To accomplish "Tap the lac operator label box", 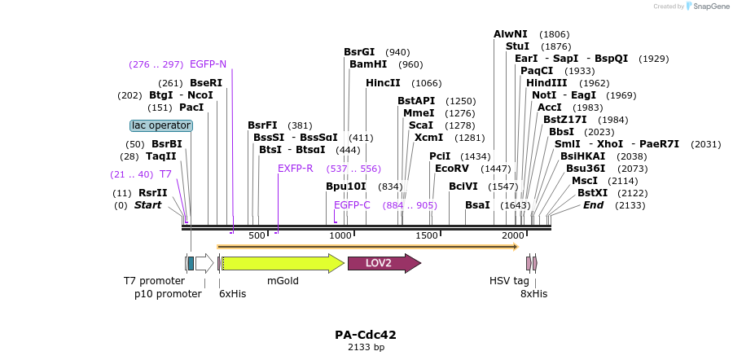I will click(161, 125).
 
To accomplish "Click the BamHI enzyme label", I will click(368, 64).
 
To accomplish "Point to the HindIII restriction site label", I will click(546, 83).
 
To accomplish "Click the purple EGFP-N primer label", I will click(208, 64).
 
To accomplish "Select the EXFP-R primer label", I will click(295, 169).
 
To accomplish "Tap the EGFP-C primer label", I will click(352, 205).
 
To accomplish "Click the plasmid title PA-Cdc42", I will click(366, 335).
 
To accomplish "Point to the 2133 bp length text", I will click(366, 348).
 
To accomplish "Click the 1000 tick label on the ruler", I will click(341, 235).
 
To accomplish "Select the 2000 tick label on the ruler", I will click(512, 235).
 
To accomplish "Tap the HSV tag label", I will click(509, 281).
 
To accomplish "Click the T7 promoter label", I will click(155, 281).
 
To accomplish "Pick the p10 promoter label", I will click(168, 294).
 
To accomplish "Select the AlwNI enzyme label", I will click(511, 34).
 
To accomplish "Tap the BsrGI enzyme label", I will click(359, 52).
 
